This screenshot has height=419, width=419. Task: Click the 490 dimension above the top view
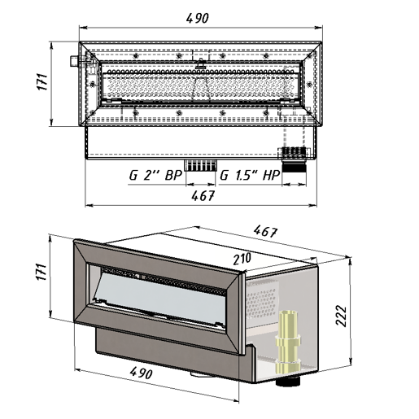pos(198,19)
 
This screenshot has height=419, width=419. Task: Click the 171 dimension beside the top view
pos(42,81)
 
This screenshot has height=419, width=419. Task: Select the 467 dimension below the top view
pos(203,195)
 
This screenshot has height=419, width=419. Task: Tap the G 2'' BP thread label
pos(155,176)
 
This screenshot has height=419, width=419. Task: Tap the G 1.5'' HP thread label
pos(250,175)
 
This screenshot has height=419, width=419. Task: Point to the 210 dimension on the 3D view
pos(242,259)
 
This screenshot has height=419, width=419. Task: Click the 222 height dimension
pos(341,316)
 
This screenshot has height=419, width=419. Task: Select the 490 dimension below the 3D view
pos(141,373)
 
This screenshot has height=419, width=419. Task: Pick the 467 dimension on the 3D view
pos(266,232)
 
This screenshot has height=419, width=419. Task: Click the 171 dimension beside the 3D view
pos(42,272)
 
